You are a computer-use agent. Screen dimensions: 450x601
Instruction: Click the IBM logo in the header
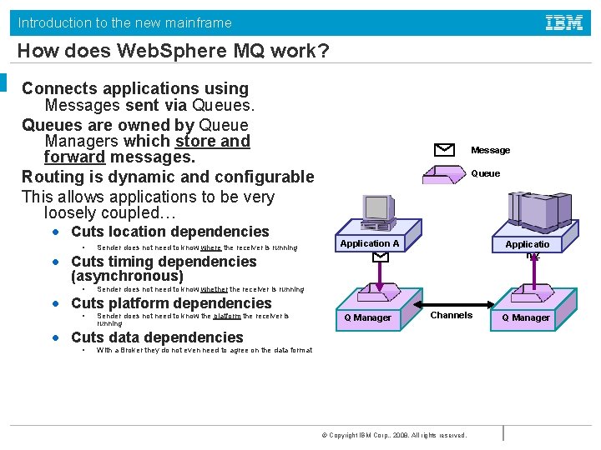click(x=564, y=22)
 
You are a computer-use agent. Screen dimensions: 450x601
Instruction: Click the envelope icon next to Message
click(x=445, y=150)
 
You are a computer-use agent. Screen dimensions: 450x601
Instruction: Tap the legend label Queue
click(x=486, y=173)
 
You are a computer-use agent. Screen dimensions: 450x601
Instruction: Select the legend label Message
click(x=490, y=150)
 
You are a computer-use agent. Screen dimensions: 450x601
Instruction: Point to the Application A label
click(x=370, y=243)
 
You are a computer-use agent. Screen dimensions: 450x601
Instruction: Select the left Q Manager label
click(x=368, y=317)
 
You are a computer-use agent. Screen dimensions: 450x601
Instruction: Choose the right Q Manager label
click(x=526, y=317)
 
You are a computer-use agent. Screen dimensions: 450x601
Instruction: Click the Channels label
click(x=452, y=315)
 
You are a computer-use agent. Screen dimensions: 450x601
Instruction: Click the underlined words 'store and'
click(x=213, y=141)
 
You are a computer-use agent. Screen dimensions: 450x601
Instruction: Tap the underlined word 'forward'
click(x=74, y=157)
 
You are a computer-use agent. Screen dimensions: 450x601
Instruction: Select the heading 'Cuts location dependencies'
click(x=170, y=232)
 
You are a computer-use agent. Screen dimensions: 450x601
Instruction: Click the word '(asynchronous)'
click(x=127, y=276)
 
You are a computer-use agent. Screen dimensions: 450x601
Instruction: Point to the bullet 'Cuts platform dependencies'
click(x=171, y=303)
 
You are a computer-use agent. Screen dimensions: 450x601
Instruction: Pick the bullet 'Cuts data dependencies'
click(x=157, y=337)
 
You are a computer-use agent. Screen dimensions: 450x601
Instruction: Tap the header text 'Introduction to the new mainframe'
click(x=125, y=22)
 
